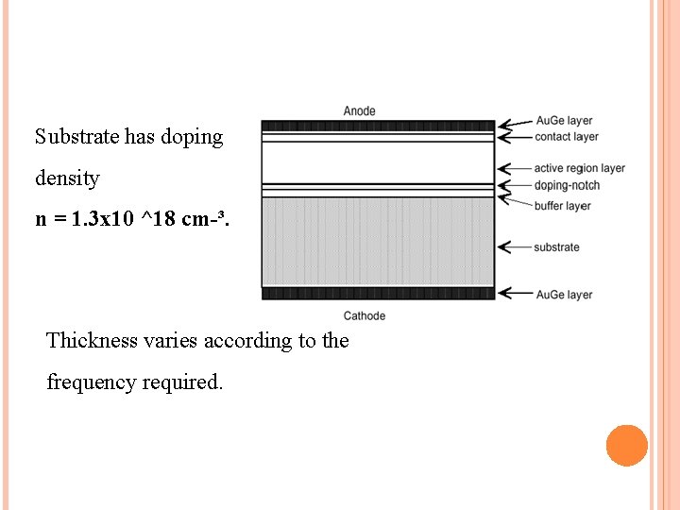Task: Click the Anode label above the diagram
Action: (x=359, y=110)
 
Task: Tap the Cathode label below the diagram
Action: (x=364, y=315)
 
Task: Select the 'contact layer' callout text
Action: (x=566, y=137)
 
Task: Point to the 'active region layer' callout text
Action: (x=579, y=168)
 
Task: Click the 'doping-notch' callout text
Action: (x=567, y=185)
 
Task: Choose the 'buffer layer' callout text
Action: (x=562, y=206)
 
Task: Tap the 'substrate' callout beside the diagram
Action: (x=556, y=247)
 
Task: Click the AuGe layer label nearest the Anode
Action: (x=564, y=121)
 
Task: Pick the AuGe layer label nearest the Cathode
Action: (x=564, y=295)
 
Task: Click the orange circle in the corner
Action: (x=626, y=446)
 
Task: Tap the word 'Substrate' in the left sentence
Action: (x=76, y=137)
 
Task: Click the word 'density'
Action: (x=67, y=178)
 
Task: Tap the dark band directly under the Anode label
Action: (x=378, y=126)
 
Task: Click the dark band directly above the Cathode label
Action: (x=378, y=294)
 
